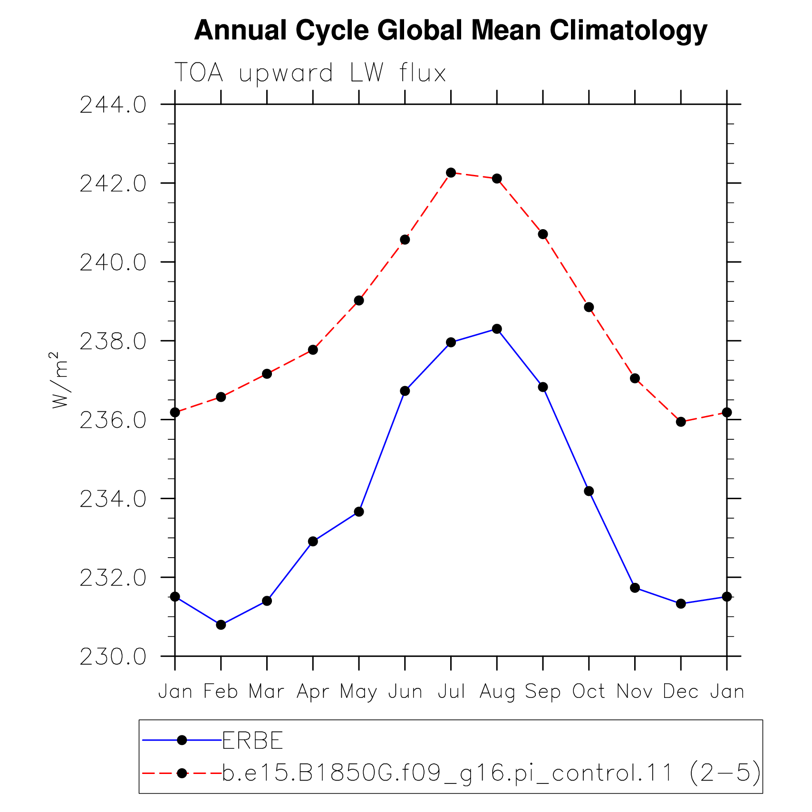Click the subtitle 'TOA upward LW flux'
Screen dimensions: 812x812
[x=310, y=73]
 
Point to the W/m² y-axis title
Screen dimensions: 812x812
[x=59, y=380]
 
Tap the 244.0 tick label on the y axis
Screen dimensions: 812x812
[x=113, y=105]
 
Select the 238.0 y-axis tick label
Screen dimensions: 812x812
[x=113, y=341]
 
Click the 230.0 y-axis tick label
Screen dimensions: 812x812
[x=113, y=657]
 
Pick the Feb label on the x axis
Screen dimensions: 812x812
[x=221, y=691]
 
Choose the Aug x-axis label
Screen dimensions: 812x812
[x=497, y=692]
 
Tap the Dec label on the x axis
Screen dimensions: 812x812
[x=681, y=691]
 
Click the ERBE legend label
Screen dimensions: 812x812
[x=253, y=740]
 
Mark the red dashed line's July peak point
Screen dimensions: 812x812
[x=451, y=173]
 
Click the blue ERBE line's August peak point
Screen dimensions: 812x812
[x=497, y=329]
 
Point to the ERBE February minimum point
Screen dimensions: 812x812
[x=221, y=625]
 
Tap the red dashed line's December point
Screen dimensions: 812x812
[x=681, y=422]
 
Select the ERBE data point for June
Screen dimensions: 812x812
[x=405, y=391]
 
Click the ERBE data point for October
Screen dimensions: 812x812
[x=589, y=491]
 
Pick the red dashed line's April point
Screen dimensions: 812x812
[x=313, y=350]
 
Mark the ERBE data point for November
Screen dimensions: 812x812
[x=635, y=588]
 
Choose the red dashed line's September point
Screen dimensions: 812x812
[x=543, y=234]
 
